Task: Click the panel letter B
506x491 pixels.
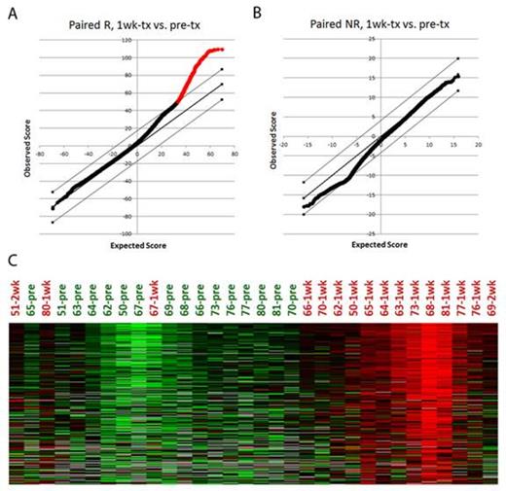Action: tap(255, 13)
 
